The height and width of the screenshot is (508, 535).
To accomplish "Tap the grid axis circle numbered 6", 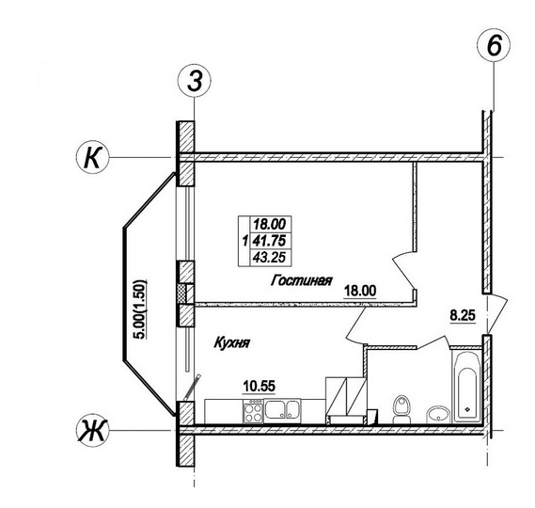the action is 494,46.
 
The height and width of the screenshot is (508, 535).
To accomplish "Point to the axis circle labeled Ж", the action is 92,430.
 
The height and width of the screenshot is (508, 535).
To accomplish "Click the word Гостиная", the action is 301,280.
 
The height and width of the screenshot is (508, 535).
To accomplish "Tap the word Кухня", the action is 232,342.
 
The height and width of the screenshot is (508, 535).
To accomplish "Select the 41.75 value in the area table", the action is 269,241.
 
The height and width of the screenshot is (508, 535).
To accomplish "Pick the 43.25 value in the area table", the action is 269,257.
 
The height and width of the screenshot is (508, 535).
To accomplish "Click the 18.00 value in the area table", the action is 269,225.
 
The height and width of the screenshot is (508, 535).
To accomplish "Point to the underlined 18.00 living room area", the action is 360,292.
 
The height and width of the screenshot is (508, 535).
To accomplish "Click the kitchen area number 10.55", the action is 259,387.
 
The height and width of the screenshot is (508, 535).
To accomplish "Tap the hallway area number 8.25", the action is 463,315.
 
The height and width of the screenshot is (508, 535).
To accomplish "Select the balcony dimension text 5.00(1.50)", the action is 140,309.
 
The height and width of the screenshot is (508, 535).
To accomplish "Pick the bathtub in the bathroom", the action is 467,387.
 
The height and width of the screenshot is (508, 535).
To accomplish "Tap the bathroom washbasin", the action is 437,415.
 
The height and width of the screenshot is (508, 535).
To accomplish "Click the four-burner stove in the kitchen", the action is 253,412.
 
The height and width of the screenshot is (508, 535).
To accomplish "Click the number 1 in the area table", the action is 244,242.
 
